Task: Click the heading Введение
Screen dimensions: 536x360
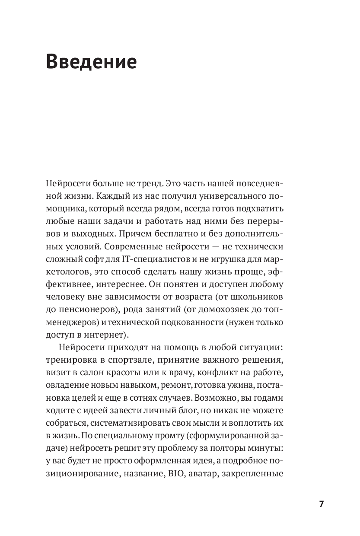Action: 91,62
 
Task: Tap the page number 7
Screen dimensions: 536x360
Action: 321,504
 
